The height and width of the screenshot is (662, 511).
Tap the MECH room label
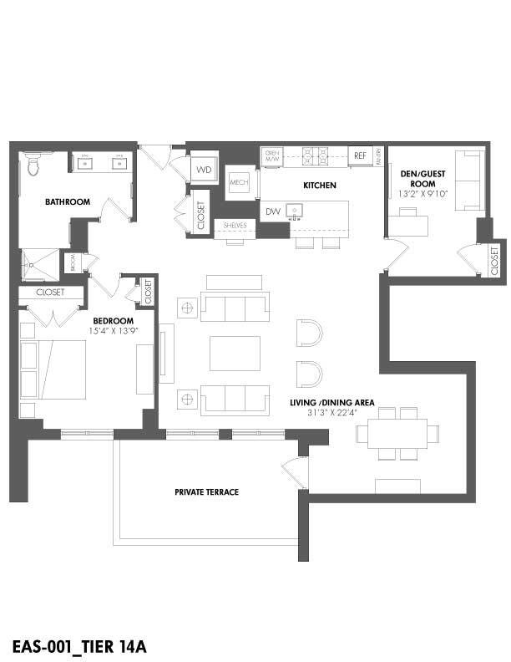(239, 181)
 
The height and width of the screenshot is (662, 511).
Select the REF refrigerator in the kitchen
(360, 155)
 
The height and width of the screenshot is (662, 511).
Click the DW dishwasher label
(273, 211)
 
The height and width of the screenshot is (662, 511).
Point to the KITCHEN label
(319, 185)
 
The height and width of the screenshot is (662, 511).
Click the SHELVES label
(235, 225)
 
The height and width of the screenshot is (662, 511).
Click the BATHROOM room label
(68, 201)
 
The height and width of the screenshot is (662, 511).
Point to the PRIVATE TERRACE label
(206, 492)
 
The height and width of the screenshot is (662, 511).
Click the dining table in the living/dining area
(397, 434)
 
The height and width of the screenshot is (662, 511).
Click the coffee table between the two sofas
(235, 353)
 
